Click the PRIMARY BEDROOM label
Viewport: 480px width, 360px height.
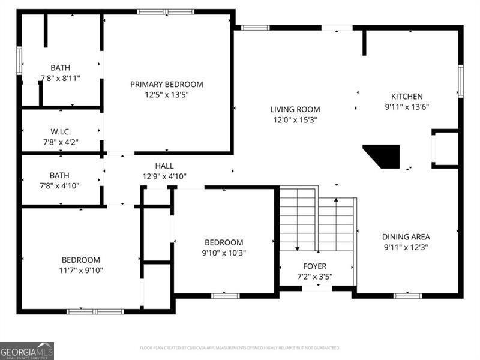pos(167,85)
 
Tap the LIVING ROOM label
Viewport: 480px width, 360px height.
pos(295,110)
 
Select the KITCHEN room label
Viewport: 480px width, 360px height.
pos(407,97)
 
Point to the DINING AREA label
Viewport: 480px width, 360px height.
pos(406,237)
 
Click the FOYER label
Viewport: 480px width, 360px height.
pos(314,266)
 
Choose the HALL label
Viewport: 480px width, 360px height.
pos(164,166)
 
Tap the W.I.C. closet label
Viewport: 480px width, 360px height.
pos(60,132)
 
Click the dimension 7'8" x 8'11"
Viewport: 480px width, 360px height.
pos(60,78)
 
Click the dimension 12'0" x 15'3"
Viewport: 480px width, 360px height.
pos(295,119)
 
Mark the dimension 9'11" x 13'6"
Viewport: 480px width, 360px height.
pos(407,107)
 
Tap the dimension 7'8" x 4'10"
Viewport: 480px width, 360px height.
pos(60,185)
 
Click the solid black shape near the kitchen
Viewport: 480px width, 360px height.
pos(384,155)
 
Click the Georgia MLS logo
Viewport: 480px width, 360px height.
pos(27,350)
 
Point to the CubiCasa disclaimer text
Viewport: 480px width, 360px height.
pos(240,347)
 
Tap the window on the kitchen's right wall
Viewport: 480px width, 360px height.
pos(461,81)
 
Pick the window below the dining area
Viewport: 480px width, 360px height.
pos(407,295)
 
